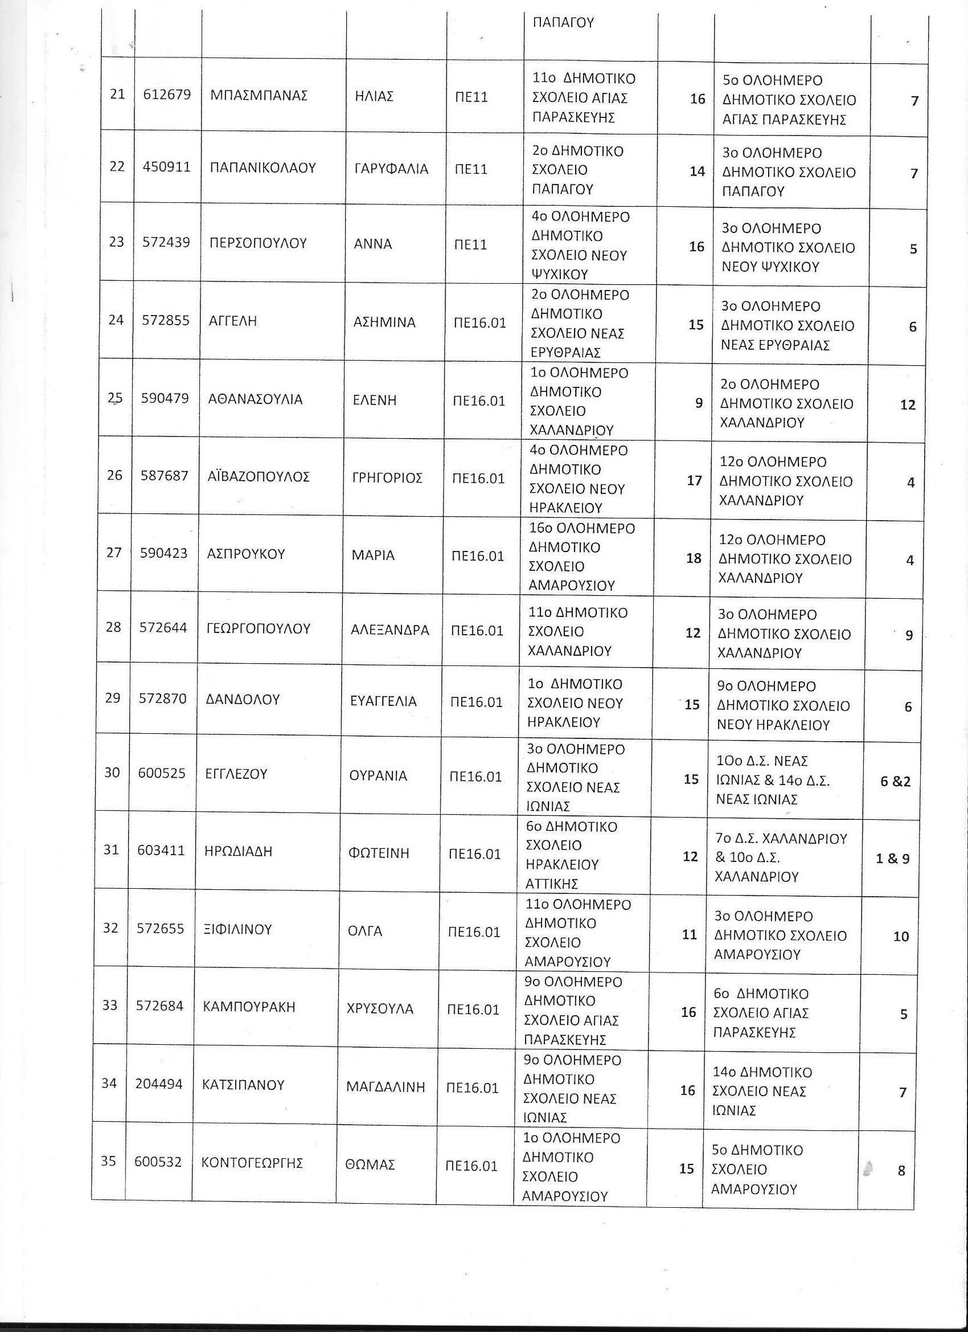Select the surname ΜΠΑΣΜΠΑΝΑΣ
click(x=259, y=96)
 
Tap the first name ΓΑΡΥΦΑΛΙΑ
click(x=392, y=169)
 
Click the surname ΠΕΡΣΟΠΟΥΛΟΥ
click(x=259, y=243)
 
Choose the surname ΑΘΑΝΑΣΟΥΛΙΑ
click(x=255, y=400)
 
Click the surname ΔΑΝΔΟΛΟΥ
click(x=243, y=700)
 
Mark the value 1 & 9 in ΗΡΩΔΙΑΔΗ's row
click(x=892, y=859)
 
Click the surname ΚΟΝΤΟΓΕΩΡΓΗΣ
click(x=252, y=1162)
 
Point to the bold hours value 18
click(x=694, y=558)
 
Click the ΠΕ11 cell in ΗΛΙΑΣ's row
click(x=471, y=97)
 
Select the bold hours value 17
click(x=694, y=481)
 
